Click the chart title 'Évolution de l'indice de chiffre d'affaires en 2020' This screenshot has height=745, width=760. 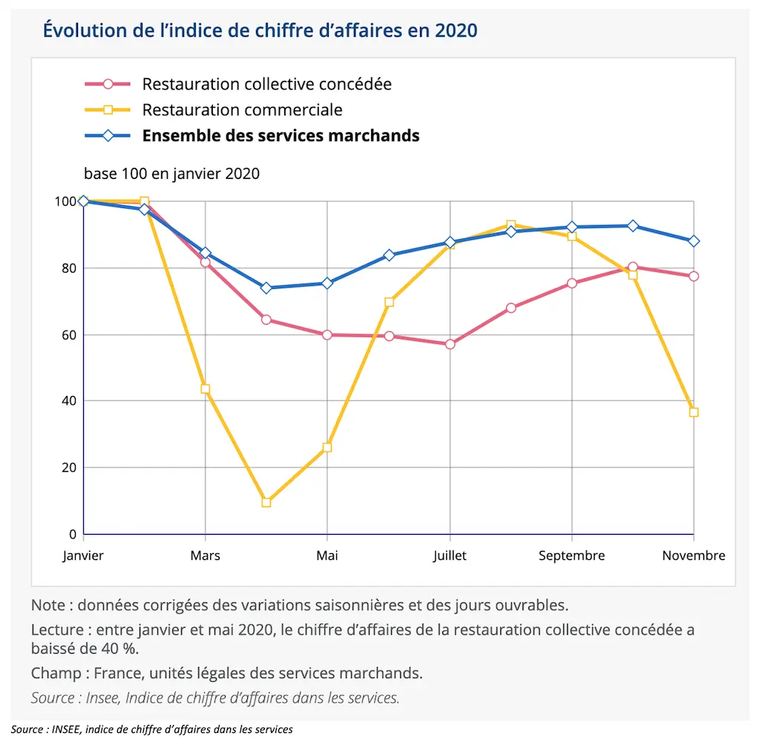[x=260, y=30]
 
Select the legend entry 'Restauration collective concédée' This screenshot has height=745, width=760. [x=266, y=84]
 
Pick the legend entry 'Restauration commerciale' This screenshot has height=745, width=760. [x=242, y=110]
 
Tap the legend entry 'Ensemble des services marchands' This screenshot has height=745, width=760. [x=281, y=136]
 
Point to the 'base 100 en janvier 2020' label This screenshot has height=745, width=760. [x=171, y=174]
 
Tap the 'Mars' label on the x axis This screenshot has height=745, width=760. [x=205, y=556]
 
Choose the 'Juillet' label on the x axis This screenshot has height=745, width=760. [x=450, y=556]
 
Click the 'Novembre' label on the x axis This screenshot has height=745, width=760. [x=694, y=556]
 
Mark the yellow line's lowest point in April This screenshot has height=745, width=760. [x=266, y=503]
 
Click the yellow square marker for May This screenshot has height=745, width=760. [x=327, y=448]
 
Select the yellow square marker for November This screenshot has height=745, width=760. [x=694, y=412]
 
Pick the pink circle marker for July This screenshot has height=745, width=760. [x=450, y=345]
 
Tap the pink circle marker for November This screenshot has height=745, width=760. [x=694, y=276]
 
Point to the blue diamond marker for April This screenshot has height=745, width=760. [x=266, y=288]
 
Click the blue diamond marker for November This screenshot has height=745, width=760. [x=694, y=241]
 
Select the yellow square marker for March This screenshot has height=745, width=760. [x=205, y=389]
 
